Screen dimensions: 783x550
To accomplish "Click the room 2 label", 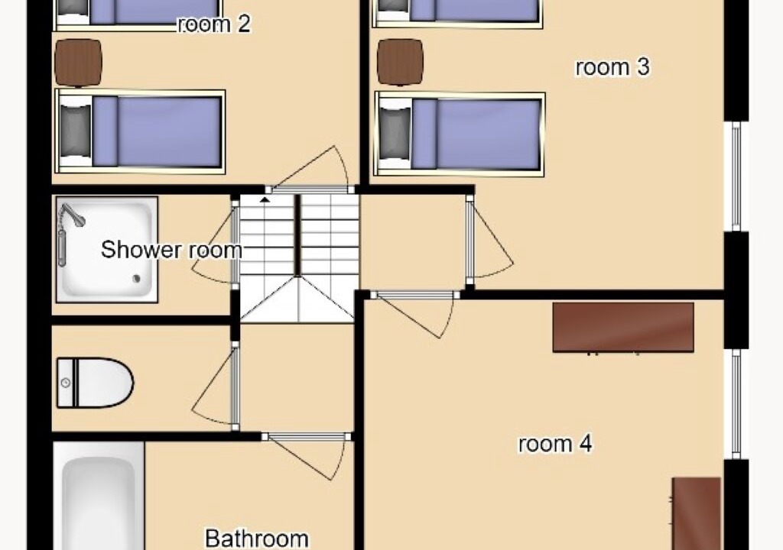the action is (214, 24).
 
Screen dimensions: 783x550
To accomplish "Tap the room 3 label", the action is (612, 67).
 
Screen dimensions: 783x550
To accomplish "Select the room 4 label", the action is (555, 444).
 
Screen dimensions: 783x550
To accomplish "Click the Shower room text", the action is (171, 250).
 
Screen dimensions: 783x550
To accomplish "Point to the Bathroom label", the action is (257, 539).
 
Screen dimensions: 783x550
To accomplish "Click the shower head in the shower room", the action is (73, 215).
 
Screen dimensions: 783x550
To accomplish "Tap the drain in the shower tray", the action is (136, 279).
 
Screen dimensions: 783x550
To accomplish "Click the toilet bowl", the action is (96, 383).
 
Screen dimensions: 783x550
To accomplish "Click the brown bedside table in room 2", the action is (79, 63).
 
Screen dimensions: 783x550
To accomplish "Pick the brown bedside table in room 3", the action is (401, 63).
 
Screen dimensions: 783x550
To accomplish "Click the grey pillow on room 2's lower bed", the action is (76, 131).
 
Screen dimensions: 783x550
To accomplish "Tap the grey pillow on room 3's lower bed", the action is (395, 134).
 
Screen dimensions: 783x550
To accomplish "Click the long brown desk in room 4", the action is (623, 328).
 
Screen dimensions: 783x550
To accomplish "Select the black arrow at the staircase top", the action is (265, 199).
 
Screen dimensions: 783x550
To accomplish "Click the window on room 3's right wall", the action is (736, 176).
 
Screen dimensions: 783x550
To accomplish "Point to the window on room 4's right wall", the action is (736, 404).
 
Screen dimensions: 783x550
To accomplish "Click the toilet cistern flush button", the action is (66, 383).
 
